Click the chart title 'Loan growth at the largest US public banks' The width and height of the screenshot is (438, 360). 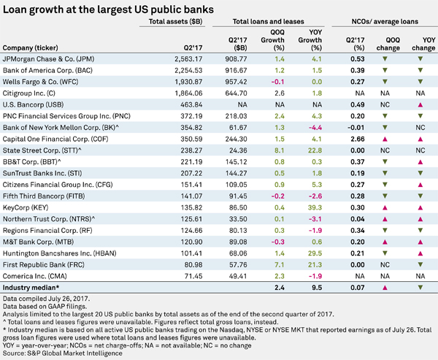(108, 9)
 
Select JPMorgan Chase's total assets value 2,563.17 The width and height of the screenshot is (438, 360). (188, 59)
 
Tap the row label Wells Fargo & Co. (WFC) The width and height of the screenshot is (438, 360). (40, 82)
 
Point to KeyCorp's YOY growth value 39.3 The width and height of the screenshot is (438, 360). (315, 207)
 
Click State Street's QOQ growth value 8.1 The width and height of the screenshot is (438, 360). (280, 150)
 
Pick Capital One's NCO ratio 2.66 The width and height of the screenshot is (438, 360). (358, 139)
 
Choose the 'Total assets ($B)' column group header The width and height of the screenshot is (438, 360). (175, 21)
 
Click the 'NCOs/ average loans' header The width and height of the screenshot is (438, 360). (385, 21)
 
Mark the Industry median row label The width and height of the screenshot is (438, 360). (31, 288)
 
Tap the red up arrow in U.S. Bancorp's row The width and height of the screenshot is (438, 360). (420, 105)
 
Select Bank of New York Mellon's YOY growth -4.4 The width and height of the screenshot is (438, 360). (315, 128)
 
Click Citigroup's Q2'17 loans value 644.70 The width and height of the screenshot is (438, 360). (236, 93)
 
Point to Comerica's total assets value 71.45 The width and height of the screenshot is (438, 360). (193, 276)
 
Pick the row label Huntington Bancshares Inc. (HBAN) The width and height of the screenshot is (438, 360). (60, 253)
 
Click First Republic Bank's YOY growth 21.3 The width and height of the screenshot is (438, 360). (315, 264)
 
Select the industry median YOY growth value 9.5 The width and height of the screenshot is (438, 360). (317, 288)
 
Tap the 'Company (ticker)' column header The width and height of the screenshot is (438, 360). (30, 47)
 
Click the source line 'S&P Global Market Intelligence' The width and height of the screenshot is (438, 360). (74, 353)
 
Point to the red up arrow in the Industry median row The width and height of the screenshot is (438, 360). (385, 288)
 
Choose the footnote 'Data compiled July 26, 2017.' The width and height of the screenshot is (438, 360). (47, 299)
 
